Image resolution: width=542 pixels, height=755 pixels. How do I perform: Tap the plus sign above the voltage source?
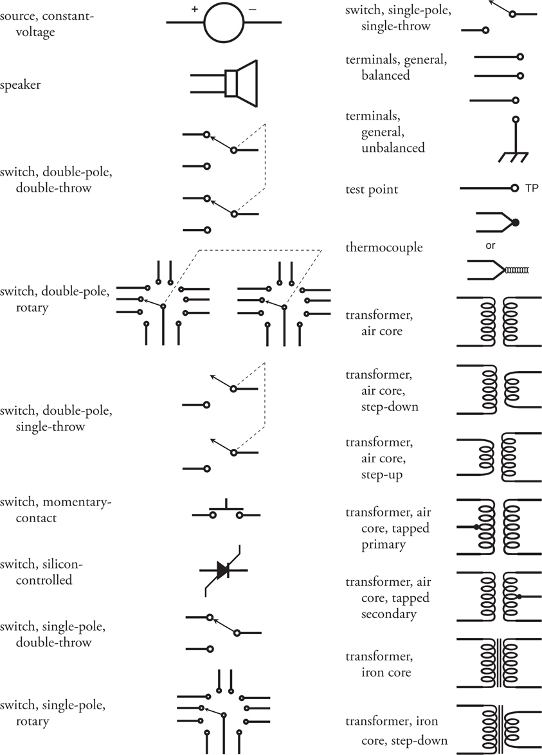tap(194, 9)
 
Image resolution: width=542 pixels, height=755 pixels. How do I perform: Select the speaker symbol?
tap(224, 84)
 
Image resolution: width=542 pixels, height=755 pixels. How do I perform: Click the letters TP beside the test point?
tap(532, 188)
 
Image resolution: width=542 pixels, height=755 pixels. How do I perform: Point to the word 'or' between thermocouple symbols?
tap(490, 246)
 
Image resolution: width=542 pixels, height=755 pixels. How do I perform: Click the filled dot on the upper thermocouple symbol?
tap(516, 223)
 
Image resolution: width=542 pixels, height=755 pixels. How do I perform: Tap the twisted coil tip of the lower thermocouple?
tap(516, 271)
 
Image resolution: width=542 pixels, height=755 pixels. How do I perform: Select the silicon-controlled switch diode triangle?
tap(222, 570)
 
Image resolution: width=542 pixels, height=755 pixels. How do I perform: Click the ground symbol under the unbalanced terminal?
tap(514, 158)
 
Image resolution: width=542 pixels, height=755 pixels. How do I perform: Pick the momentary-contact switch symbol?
tap(226, 510)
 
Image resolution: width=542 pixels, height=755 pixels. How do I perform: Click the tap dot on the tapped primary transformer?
tap(476, 527)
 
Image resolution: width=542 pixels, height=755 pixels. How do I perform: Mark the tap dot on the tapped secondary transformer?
tap(519, 597)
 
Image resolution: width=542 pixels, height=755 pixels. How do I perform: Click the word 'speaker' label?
tap(20, 86)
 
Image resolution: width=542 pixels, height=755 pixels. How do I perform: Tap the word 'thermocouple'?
tap(384, 248)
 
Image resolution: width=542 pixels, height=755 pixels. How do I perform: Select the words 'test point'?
tap(372, 190)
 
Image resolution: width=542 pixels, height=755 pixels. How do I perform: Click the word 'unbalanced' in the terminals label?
tap(393, 147)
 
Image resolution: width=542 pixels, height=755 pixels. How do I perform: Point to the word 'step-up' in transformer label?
tap(382, 475)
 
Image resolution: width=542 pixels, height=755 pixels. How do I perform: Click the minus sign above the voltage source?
tap(252, 9)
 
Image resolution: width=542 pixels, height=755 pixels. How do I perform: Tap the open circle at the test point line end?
tap(515, 188)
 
